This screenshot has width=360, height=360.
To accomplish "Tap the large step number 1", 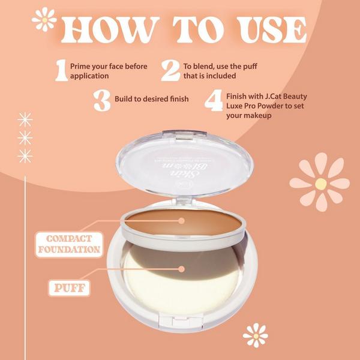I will click(61, 71).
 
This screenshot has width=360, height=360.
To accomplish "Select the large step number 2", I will click(170, 71).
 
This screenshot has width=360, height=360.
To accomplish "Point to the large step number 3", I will click(102, 100).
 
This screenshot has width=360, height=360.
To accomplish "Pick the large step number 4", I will click(213, 100).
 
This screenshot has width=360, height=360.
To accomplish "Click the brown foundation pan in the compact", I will click(184, 226).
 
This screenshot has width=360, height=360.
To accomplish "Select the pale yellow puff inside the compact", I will click(180, 273).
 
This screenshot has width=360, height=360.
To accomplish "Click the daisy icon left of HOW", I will click(44, 20).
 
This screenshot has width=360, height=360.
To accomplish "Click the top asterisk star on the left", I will click(25, 118).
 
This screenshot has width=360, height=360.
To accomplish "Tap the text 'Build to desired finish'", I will click(152, 99).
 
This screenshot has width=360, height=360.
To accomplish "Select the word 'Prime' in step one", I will click(80, 66).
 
